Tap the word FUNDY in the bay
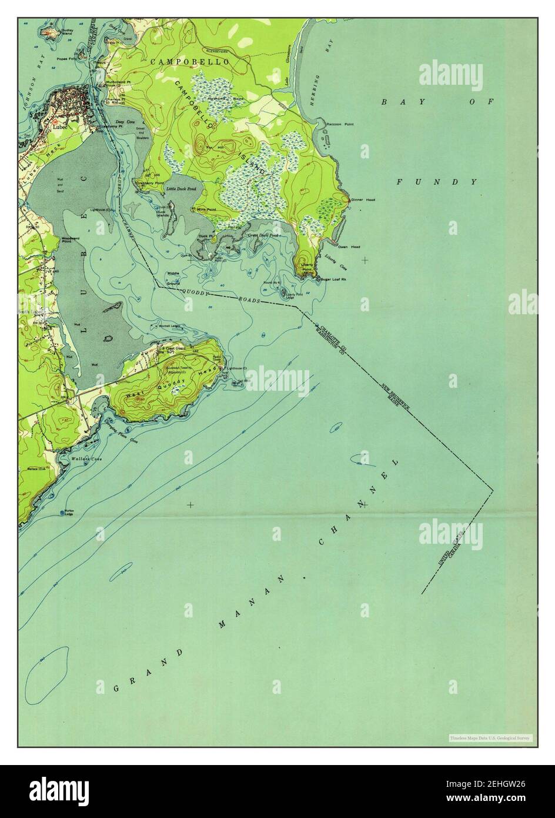[x=436, y=182]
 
